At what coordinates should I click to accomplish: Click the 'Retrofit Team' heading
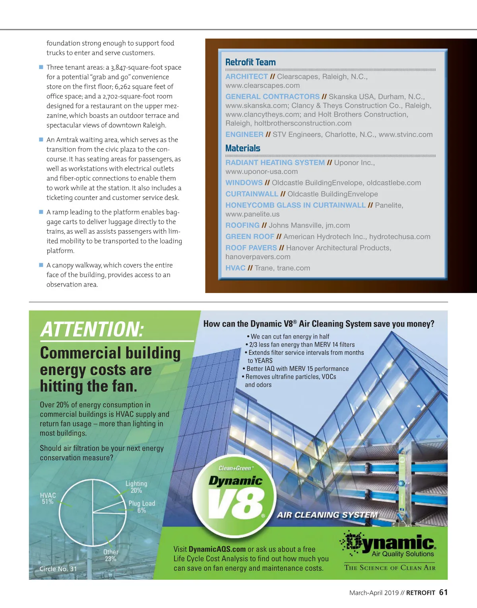click(x=250, y=62)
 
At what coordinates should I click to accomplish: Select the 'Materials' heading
click(x=243, y=148)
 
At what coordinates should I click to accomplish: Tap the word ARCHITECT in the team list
click(x=246, y=76)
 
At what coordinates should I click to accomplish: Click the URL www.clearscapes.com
click(x=262, y=86)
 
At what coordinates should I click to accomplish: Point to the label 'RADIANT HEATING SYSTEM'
click(x=275, y=162)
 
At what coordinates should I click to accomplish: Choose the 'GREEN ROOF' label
click(x=250, y=237)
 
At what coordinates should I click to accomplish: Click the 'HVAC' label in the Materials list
click(x=235, y=268)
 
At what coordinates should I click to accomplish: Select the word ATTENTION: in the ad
click(x=92, y=330)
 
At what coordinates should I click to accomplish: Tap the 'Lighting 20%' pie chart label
click(x=136, y=487)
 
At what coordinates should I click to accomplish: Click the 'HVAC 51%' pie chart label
click(x=48, y=498)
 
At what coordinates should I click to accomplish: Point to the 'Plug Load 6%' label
click(x=142, y=506)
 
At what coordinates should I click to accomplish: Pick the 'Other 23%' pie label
click(x=111, y=555)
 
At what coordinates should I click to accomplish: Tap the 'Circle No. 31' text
click(x=58, y=569)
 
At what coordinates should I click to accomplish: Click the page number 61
click(x=443, y=592)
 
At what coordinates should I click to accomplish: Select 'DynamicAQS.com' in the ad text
click(x=217, y=549)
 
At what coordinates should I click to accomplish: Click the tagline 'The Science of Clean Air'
click(x=390, y=568)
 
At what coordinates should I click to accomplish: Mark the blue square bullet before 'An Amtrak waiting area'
click(x=41, y=140)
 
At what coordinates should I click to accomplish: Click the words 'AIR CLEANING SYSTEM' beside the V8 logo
click(x=327, y=515)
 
